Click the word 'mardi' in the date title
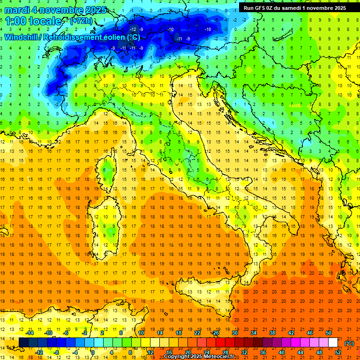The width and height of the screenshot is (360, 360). [x=17, y=10]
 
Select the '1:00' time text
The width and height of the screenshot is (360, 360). [x=15, y=21]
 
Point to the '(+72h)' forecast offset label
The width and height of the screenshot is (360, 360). [x=82, y=21]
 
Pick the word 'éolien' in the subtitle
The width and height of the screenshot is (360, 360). [x=114, y=37]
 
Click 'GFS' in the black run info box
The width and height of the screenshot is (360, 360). [x=261, y=7]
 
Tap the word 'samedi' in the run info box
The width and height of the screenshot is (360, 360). [x=298, y=7]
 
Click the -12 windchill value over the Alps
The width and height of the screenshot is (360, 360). [x=133, y=30]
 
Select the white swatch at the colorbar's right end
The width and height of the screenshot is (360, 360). [x=333, y=342]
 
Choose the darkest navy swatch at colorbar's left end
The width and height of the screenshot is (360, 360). [x=23, y=342]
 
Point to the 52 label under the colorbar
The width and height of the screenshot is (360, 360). [x=337, y=352]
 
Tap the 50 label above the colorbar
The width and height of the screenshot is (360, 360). [x=328, y=332]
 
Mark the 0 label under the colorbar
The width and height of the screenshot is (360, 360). [x=92, y=352]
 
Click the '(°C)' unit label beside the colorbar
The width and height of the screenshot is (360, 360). [x=349, y=343]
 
